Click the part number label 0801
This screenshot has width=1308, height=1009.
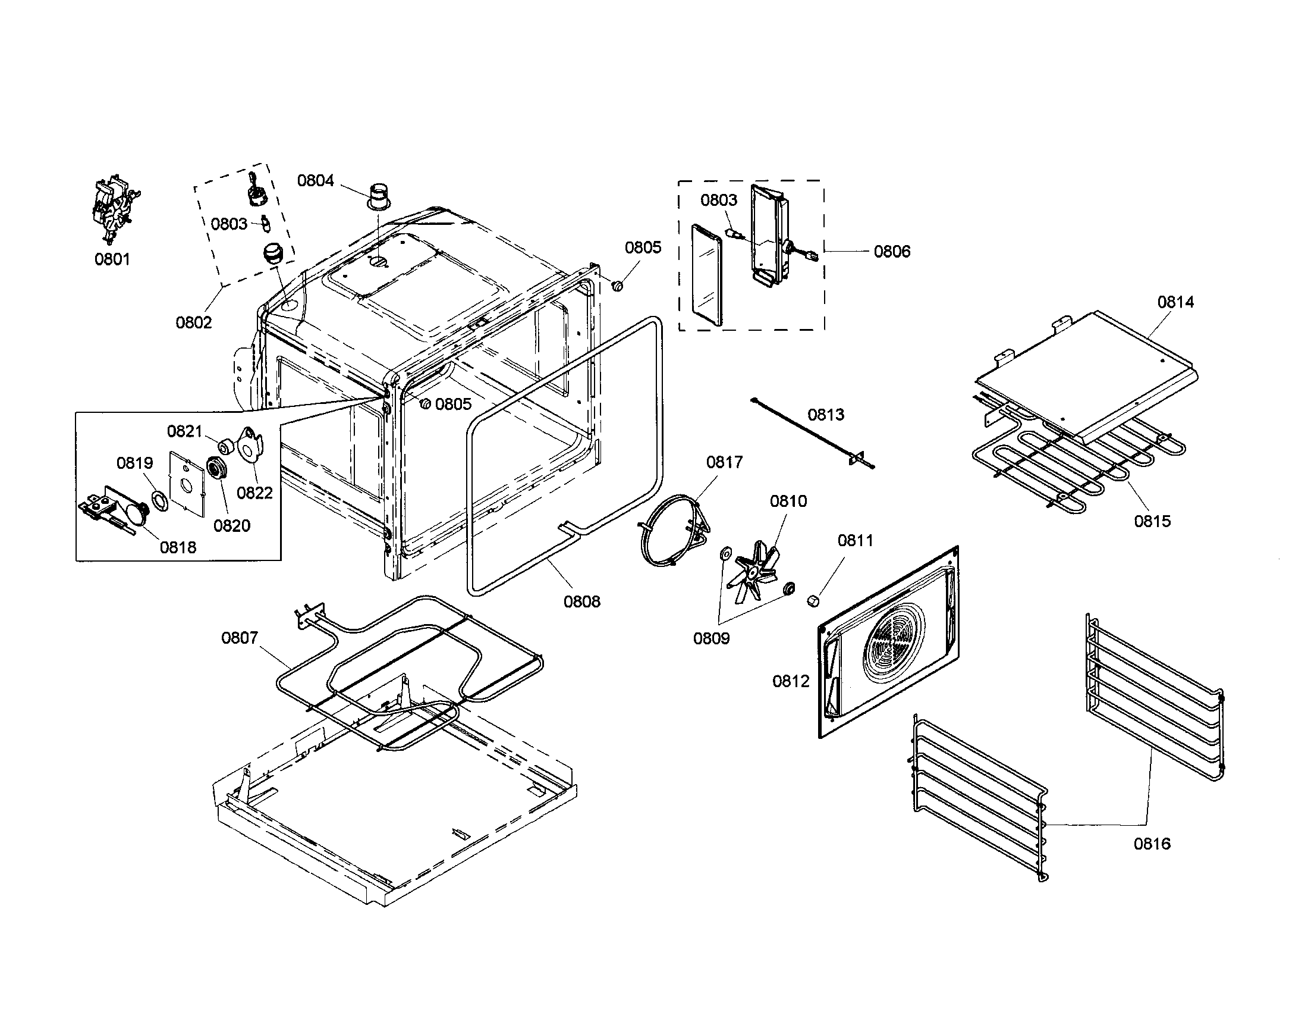coord(112,259)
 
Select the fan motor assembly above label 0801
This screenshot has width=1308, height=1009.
coord(114,209)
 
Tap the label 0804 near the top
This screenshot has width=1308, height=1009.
coord(316,180)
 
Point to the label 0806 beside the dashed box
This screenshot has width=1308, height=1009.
coord(892,251)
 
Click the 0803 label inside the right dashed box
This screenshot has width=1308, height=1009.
coord(719,200)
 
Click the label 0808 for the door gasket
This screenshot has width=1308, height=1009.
coord(581,601)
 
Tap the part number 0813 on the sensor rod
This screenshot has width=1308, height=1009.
coord(826,415)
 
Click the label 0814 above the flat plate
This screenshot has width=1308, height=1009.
coord(1175,302)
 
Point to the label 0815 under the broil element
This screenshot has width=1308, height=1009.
coord(1152,521)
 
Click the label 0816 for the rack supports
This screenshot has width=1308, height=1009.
coord(1152,844)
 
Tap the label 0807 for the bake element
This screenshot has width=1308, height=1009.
coord(240,638)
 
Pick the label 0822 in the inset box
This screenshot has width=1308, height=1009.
coord(254,493)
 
